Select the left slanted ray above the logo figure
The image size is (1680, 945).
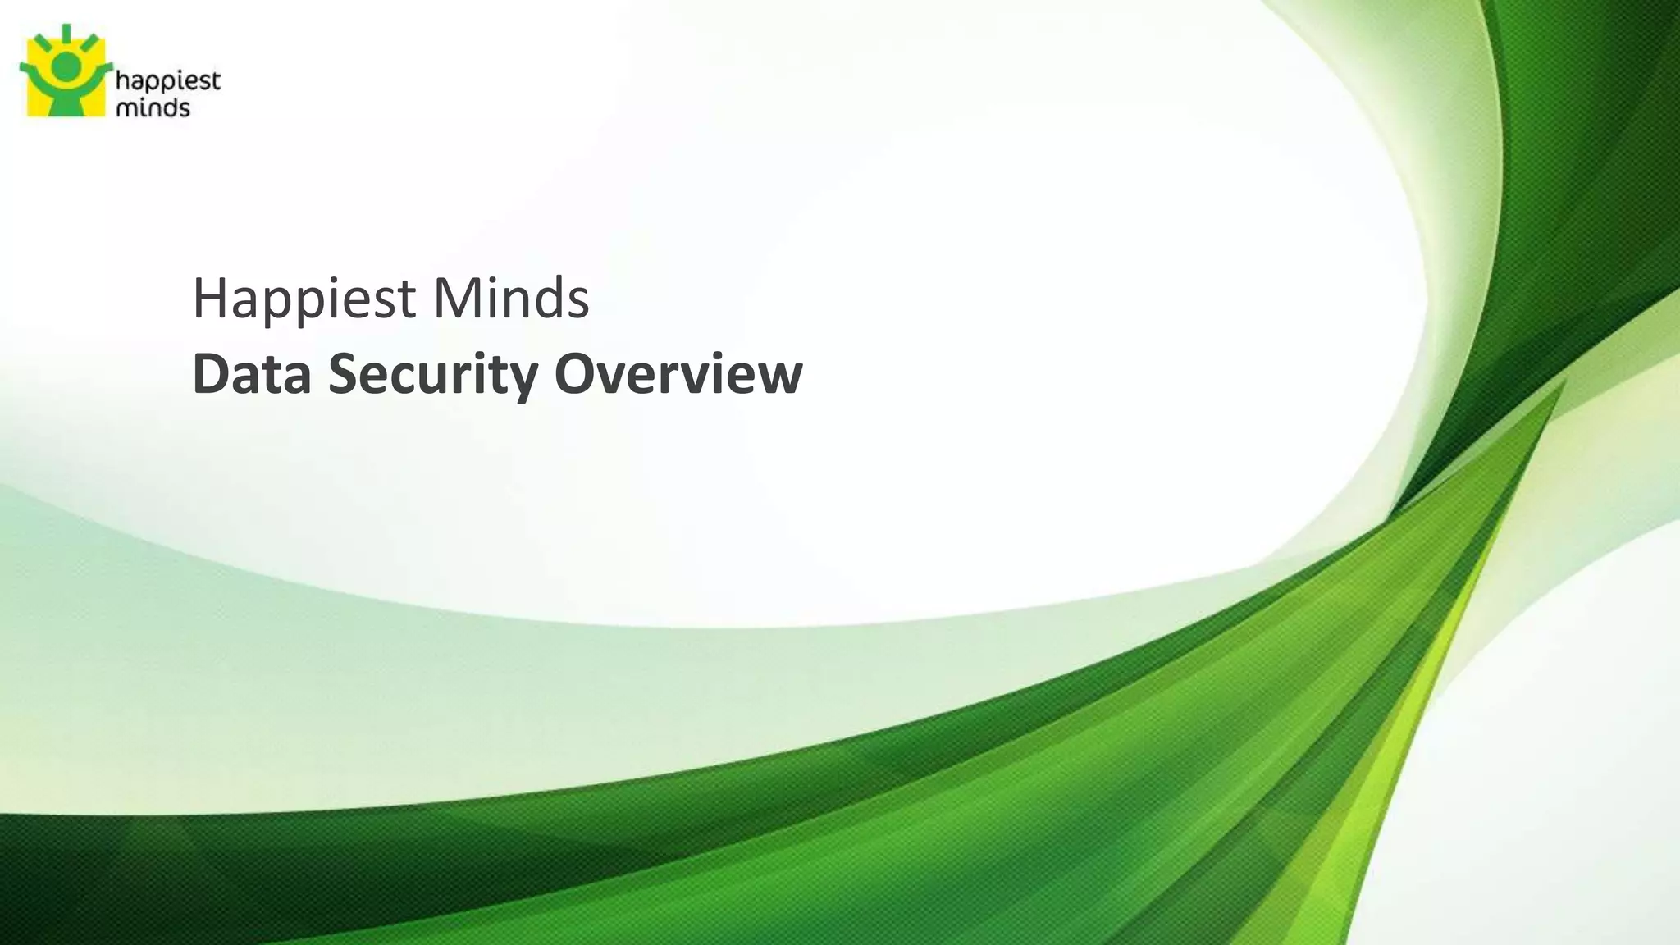coord(40,41)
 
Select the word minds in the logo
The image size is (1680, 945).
coord(153,107)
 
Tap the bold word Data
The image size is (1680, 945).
coord(252,374)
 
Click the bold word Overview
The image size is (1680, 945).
coord(678,374)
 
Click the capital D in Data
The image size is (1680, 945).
coord(210,374)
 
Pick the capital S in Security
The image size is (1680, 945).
coord(345,374)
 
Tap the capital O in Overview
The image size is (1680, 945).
coord(576,374)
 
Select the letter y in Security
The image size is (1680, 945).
coord(523,381)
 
